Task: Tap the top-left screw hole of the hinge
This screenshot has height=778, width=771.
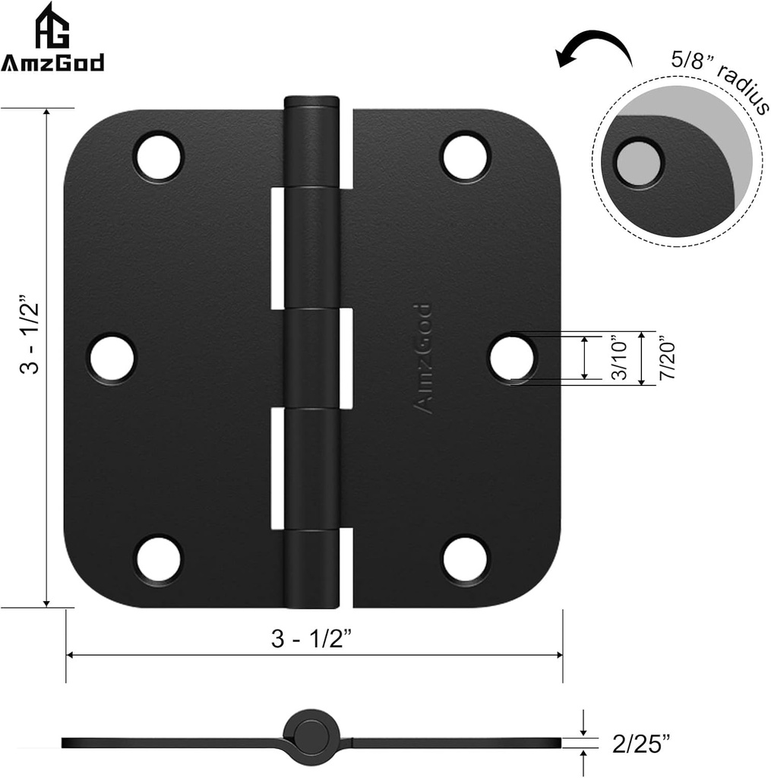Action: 159,157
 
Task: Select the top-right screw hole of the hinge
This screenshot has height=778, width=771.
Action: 465,157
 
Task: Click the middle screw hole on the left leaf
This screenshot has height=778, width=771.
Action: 112,358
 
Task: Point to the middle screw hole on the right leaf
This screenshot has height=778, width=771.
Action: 512,358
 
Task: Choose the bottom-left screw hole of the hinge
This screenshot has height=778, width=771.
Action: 159,559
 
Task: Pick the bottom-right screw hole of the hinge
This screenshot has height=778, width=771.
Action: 465,559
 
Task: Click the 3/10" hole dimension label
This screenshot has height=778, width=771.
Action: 619,358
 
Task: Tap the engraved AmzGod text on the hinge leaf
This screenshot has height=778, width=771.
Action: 422,358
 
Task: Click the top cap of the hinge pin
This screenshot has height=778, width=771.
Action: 311,102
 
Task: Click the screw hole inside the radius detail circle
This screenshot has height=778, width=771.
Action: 638,162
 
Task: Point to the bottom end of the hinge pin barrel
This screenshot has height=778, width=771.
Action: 311,600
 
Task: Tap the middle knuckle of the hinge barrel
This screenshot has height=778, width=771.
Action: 311,357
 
